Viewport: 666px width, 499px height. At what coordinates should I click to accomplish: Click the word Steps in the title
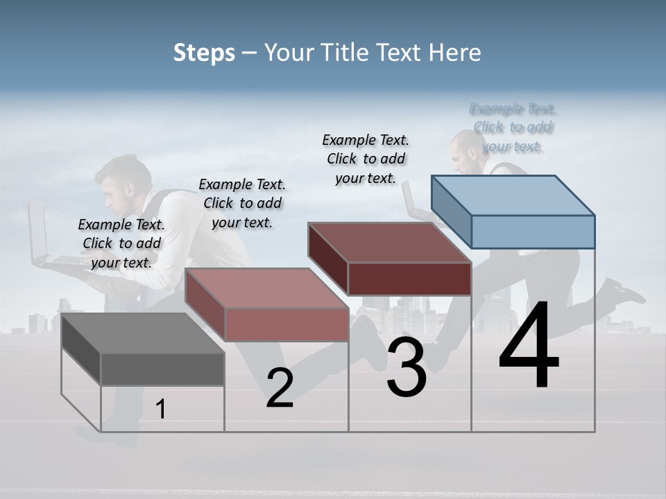204,53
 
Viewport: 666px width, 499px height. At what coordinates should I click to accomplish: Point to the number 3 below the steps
406,367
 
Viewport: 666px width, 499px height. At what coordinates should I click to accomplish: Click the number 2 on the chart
280,388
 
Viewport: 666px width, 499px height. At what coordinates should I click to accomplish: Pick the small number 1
161,410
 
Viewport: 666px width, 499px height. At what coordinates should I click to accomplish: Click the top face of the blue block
513,195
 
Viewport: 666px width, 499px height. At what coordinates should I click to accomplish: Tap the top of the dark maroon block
389,243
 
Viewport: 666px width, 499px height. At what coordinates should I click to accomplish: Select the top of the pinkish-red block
266,288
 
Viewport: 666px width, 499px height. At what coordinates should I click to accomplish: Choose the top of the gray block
143,333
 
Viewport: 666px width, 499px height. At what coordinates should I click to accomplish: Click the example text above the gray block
121,243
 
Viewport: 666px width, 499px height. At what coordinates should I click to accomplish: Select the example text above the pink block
242,203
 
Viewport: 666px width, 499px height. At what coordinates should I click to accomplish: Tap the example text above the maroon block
366,159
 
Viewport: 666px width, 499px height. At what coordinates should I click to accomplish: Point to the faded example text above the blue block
513,127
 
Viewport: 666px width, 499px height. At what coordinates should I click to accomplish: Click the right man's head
465,148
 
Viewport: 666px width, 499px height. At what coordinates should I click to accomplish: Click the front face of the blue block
533,231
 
